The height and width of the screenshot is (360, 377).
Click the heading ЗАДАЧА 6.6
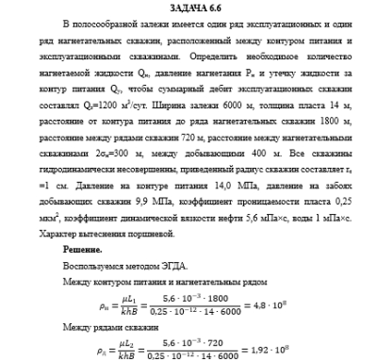coord(188,8)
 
